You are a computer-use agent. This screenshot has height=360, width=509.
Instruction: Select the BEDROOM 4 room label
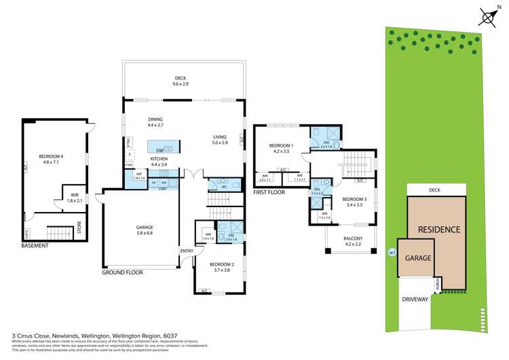click(52, 140)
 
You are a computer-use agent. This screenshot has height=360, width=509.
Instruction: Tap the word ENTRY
click(186, 251)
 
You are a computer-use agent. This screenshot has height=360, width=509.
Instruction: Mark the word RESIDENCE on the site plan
click(438, 230)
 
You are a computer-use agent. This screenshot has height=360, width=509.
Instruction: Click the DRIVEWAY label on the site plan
click(414, 299)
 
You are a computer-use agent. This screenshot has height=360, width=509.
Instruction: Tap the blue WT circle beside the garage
click(392, 253)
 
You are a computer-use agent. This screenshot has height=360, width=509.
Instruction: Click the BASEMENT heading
click(34, 245)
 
